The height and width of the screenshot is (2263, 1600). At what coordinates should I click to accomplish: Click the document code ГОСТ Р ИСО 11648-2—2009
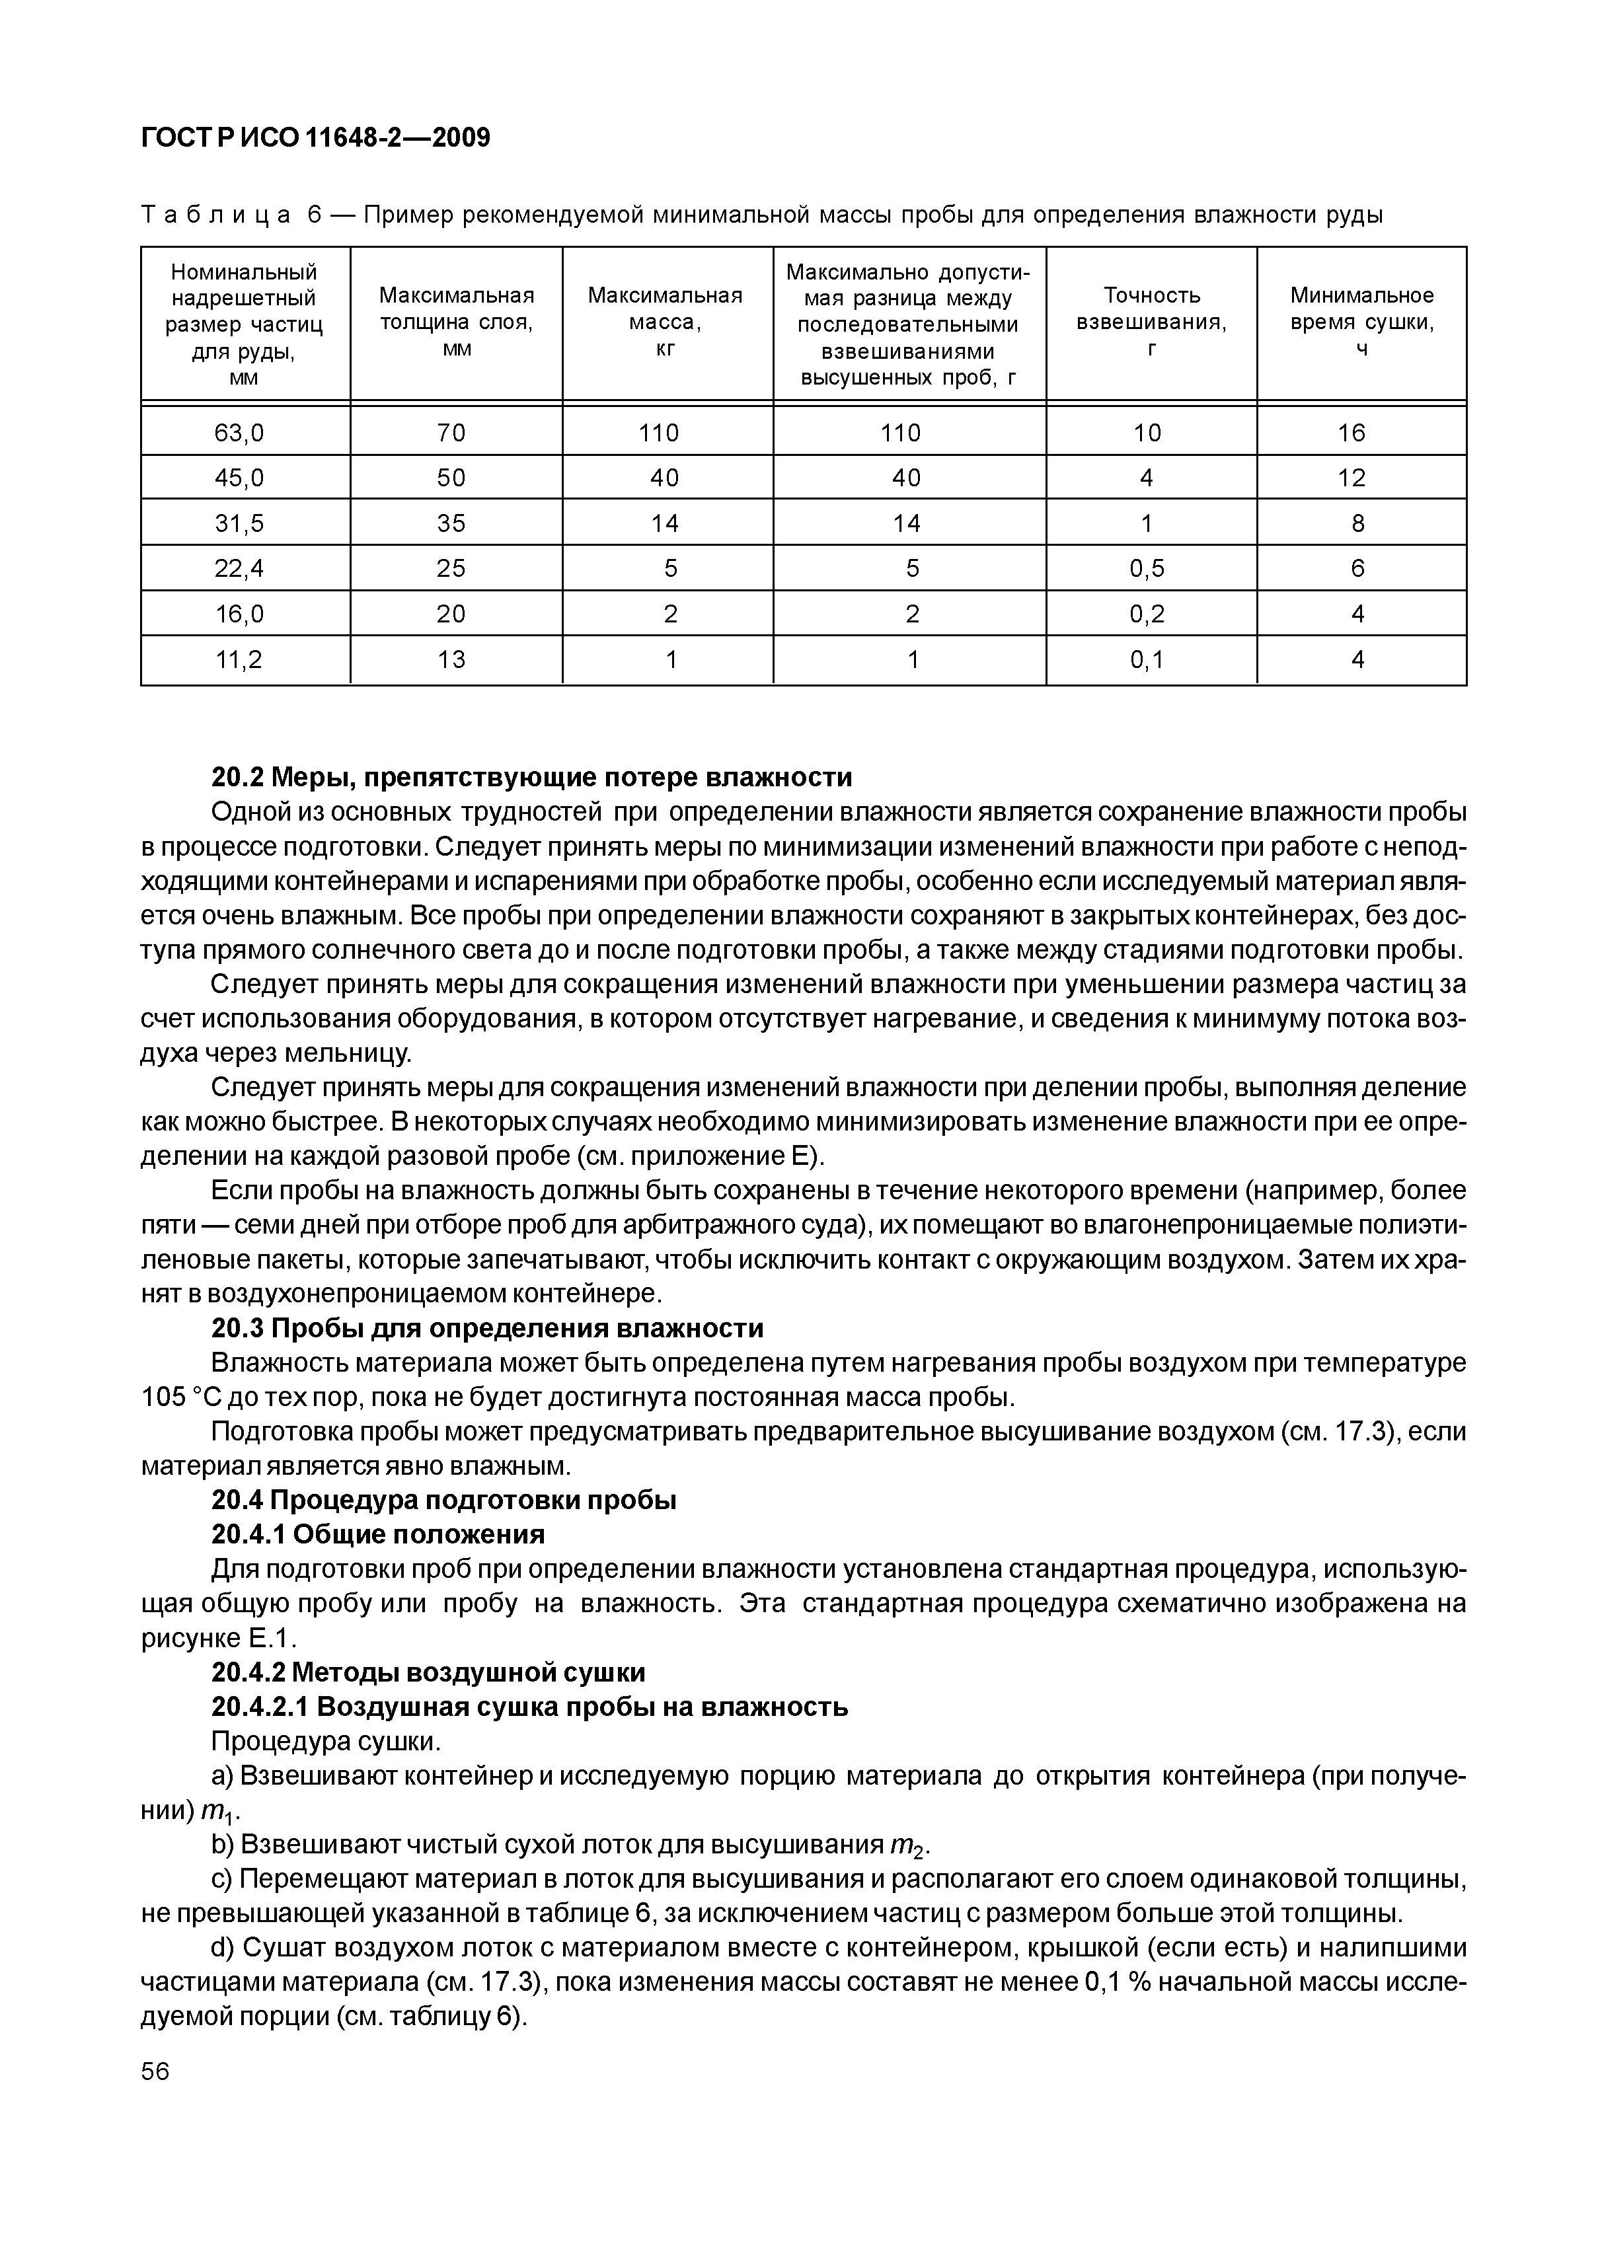(x=315, y=137)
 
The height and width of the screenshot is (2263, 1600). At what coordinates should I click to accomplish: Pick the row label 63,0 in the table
(x=239, y=433)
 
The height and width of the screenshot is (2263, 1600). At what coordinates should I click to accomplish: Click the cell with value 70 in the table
(x=451, y=433)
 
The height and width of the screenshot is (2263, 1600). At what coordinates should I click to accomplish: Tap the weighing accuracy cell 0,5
(x=1147, y=569)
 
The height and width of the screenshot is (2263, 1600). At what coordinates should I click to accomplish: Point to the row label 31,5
(x=239, y=523)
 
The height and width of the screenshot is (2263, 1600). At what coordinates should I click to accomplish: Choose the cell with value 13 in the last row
(x=451, y=659)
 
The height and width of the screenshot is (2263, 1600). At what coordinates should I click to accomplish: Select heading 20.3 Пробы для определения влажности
(x=487, y=1329)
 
